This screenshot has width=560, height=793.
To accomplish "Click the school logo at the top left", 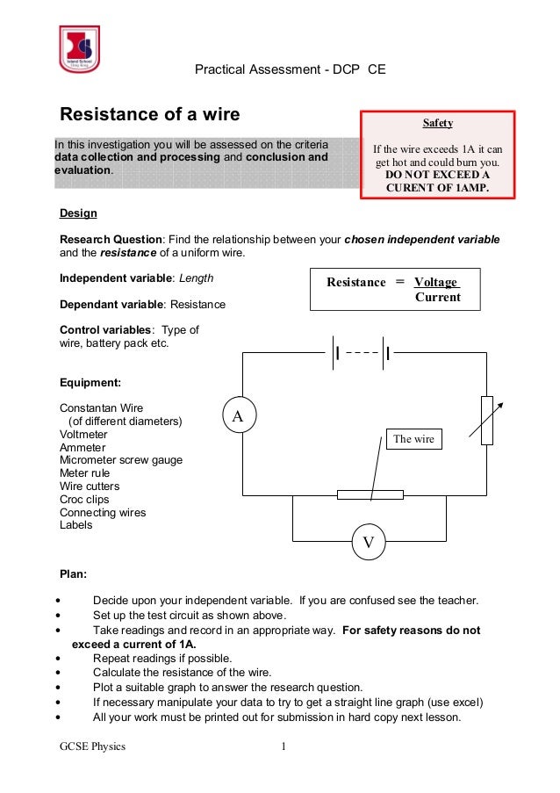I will pos(79,49).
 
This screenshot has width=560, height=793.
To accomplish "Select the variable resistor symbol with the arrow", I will pos(488,421).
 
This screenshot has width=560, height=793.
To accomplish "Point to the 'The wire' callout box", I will pos(414,439).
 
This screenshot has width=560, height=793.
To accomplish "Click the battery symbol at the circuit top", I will pos(362,354).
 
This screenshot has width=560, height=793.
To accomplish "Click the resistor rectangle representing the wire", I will pos(370,495).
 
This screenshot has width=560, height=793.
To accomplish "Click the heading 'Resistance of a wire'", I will pos(149,115).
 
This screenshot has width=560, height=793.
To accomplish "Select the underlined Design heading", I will pos(78,213).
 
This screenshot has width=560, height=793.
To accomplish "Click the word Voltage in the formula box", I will pos(436,282).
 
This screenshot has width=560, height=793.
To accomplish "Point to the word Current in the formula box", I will pos(437,298).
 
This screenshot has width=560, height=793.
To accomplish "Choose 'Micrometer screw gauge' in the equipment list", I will pos(121,460).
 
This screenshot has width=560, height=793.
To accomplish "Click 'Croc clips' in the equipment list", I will pos(84,500).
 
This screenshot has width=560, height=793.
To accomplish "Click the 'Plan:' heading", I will pos(73,574).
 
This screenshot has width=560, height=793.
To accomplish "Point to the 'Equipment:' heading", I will pos(90,383).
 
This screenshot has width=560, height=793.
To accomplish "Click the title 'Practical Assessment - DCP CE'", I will pos(290,68).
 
